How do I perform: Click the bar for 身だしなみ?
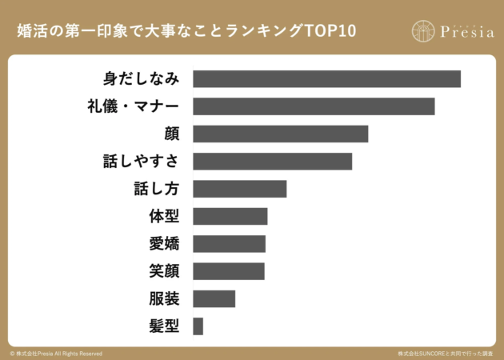(326, 78)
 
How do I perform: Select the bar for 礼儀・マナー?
(314, 106)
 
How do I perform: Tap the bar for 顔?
(280, 134)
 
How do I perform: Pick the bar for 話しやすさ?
(272, 161)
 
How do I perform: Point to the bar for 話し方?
(239, 189)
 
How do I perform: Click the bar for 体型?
(230, 216)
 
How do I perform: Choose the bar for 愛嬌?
(229, 244)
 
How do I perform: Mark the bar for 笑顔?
(228, 271)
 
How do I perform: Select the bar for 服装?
(214, 298)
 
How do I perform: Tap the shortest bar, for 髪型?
(198, 326)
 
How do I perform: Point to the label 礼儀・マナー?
(134, 106)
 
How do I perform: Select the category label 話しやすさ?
(141, 161)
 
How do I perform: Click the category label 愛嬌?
(163, 244)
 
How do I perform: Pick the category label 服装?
(163, 298)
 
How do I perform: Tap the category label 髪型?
(163, 326)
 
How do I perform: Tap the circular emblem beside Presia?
(424, 31)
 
